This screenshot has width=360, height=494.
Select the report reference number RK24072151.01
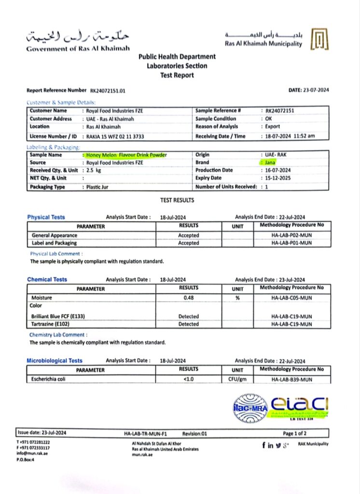coord(108,90)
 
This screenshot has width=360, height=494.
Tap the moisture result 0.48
coord(188,298)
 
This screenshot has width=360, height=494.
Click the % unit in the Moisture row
coord(237,298)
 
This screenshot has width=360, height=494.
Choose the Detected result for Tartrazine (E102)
coord(188,324)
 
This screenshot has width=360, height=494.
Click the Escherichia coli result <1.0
coord(188,380)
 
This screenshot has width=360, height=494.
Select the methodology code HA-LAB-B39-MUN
coord(291,380)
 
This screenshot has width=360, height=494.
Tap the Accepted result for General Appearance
coord(188,235)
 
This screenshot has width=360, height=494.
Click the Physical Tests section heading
coord(46,217)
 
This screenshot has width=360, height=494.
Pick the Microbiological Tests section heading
coord(55,361)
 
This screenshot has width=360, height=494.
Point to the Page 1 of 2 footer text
coord(294,433)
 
